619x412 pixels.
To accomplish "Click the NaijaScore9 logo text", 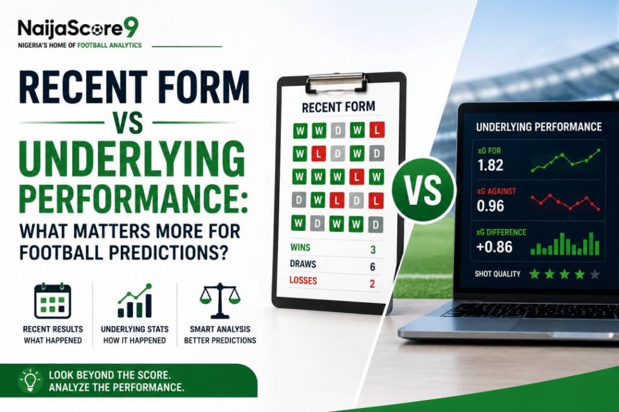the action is point(78,29).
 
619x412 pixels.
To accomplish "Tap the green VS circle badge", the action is point(423,190).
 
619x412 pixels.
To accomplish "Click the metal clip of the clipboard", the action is point(337,83).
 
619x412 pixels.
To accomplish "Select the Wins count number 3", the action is point(372,249).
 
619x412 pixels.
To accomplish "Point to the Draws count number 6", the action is point(372,267).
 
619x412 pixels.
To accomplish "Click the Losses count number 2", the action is point(372,284).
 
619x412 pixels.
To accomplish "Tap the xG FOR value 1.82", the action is point(490,165).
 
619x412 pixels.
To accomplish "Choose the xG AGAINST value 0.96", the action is point(490,205).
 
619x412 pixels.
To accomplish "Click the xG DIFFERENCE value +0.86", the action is point(494,247).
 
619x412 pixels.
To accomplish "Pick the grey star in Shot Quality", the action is point(595,274).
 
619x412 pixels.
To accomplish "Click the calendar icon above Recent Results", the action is point(53,301).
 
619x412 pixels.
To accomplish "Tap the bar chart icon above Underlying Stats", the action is point(135,301).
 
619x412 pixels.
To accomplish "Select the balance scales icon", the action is point(220,301).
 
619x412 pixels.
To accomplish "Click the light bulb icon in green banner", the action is point(30,381).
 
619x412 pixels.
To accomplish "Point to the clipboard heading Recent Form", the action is point(339,107).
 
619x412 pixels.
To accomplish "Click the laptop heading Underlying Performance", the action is point(539,127).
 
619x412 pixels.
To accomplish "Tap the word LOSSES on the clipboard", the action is point(303,280).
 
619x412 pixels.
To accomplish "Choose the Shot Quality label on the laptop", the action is point(497,274).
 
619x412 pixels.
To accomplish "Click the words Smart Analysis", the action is point(220,329).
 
